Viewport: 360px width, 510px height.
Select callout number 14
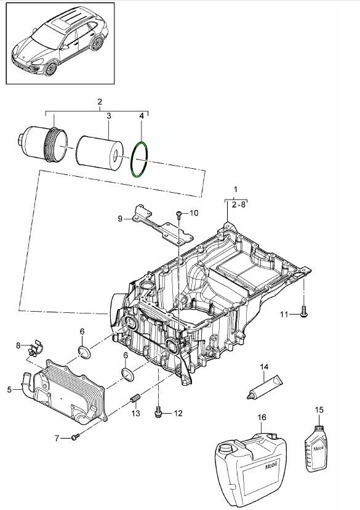click(264, 367)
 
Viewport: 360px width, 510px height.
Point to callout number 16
click(262, 418)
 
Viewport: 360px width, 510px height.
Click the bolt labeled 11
click(304, 311)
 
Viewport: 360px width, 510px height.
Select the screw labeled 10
click(179, 214)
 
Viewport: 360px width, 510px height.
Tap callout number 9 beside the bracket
click(120, 219)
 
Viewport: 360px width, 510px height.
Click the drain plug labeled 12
click(159, 411)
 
